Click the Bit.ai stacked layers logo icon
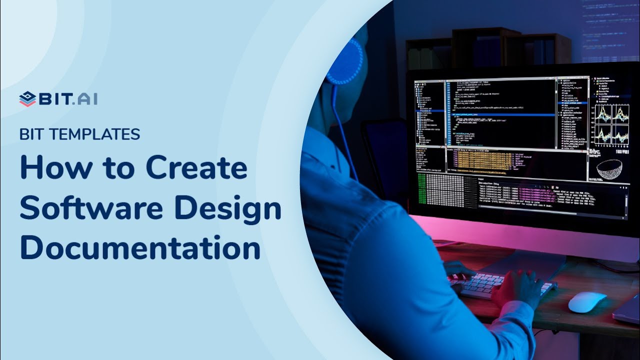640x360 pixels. (x=27, y=99)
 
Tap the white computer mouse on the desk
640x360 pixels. (x=587, y=302)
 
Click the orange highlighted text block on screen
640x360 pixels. (x=482, y=160)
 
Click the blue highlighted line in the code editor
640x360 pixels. (x=500, y=114)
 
